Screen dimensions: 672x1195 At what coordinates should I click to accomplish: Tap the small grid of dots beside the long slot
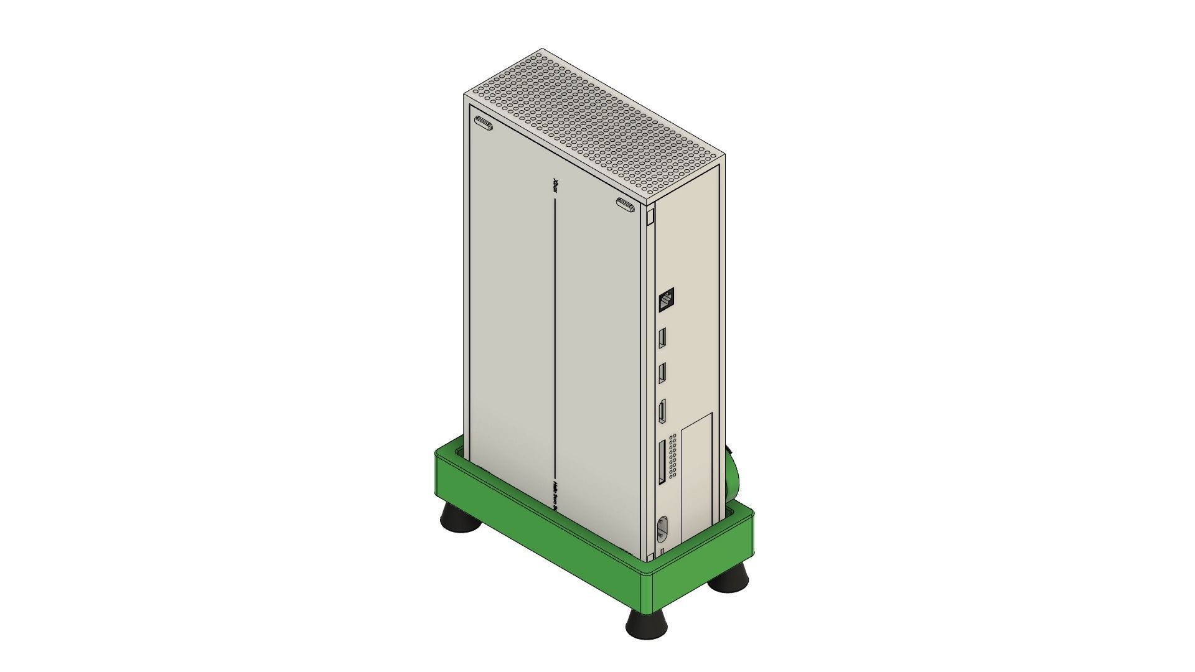tap(673, 457)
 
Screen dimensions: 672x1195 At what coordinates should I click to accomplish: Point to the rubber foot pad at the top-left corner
tap(484, 124)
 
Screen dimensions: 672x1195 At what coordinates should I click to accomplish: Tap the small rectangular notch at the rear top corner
tap(650, 217)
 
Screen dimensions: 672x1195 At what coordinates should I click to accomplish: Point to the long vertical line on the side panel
tap(555, 336)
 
